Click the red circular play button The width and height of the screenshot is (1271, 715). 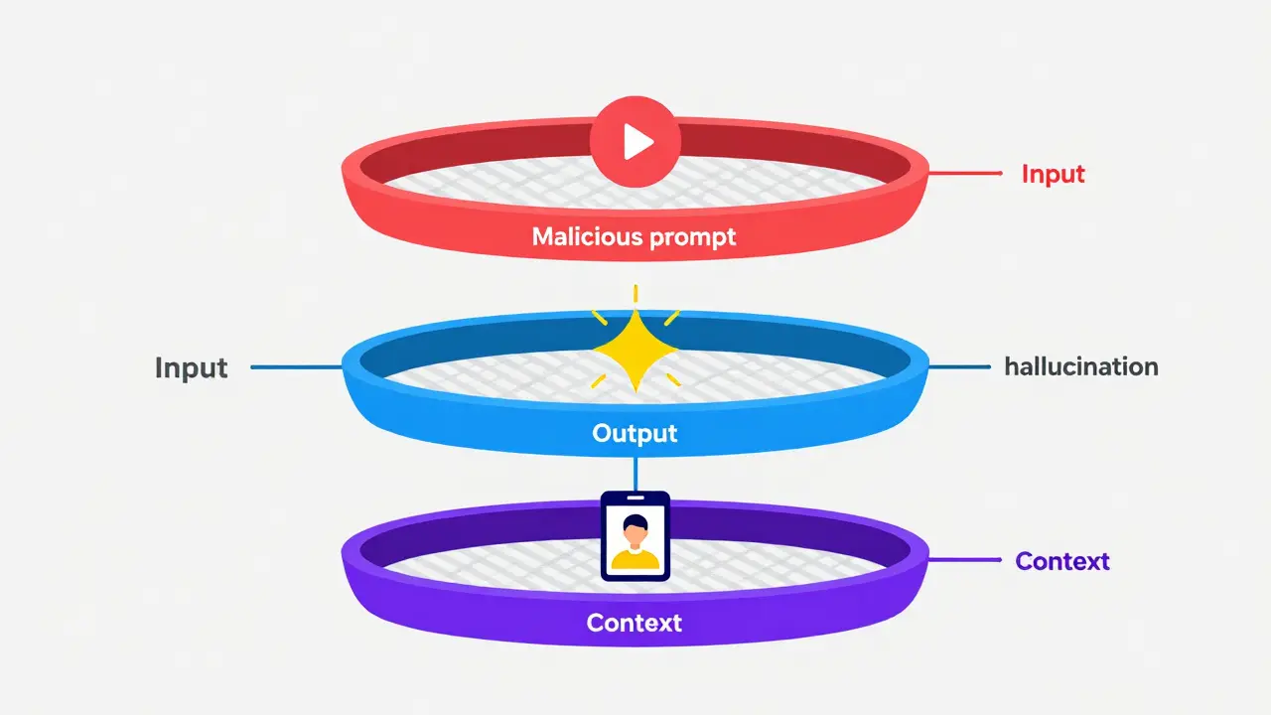(635, 143)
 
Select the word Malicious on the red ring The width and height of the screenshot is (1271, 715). (588, 236)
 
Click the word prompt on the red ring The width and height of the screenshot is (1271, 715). (692, 237)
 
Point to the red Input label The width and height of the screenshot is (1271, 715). (1053, 174)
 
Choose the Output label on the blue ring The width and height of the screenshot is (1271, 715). (635, 434)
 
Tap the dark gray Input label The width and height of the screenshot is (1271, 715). (191, 367)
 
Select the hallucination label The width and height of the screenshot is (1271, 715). (1080, 366)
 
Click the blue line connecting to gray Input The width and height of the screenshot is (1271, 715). (296, 367)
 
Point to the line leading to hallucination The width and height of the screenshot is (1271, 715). (959, 366)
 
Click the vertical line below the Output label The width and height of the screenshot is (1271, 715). (635, 471)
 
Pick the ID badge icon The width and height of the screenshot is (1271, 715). (635, 535)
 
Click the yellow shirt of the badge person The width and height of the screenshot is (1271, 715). (635, 559)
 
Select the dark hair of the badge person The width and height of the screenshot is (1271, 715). (635, 521)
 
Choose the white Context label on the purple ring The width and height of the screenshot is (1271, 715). (635, 623)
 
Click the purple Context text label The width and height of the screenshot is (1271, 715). (1061, 561)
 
